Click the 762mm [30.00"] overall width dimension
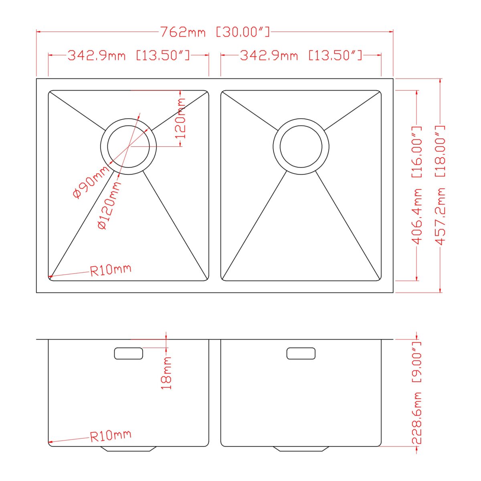tap(215, 32)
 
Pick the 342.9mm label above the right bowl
tap(301, 55)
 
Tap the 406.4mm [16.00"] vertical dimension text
tap(417, 185)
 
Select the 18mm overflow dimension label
tap(166, 373)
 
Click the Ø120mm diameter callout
tap(109, 206)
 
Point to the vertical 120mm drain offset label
tap(181, 118)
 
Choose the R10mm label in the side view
tap(111, 436)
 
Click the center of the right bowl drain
tap(301, 147)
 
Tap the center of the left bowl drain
tap(128, 147)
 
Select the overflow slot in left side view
tap(128, 354)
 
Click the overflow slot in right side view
tap(301, 354)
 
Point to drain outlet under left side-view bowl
tap(128, 449)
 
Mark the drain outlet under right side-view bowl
tap(301, 449)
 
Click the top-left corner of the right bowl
tap(223, 93)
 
